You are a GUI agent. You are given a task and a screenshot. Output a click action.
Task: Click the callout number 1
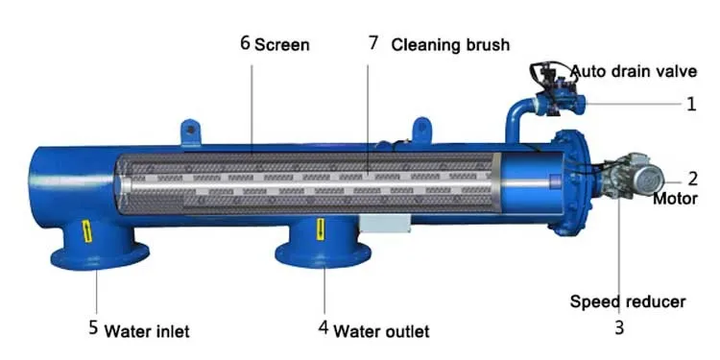point(690,105)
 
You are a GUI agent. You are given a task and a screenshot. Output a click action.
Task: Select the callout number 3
point(619,326)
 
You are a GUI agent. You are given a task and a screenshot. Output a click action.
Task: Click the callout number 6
point(245,44)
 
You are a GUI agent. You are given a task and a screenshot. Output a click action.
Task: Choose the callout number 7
point(373,44)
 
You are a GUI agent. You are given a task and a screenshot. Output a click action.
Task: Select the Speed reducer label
point(628,301)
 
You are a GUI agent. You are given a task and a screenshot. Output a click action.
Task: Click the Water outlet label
point(381,330)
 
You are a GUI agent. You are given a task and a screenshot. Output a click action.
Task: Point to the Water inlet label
point(147,331)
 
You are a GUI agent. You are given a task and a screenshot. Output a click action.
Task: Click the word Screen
point(282,45)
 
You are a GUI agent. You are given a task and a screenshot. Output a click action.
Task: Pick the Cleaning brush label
point(450,44)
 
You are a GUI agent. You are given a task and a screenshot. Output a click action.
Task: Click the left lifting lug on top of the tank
point(189,129)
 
